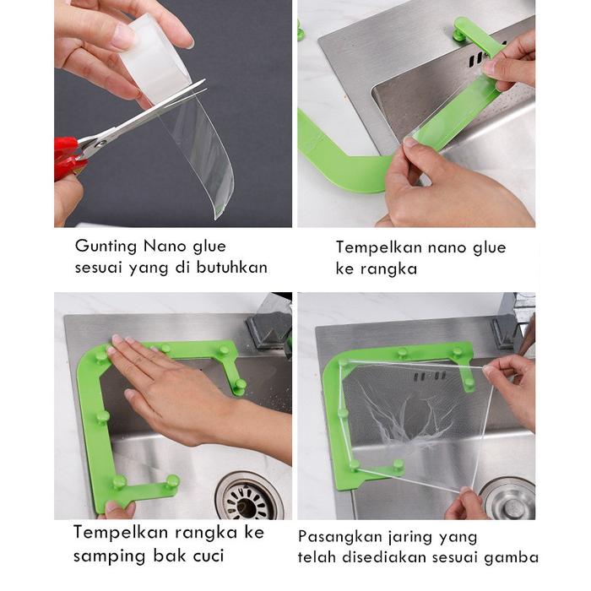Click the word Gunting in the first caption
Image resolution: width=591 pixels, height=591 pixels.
point(106,247)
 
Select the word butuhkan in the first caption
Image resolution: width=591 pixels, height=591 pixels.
point(232,268)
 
